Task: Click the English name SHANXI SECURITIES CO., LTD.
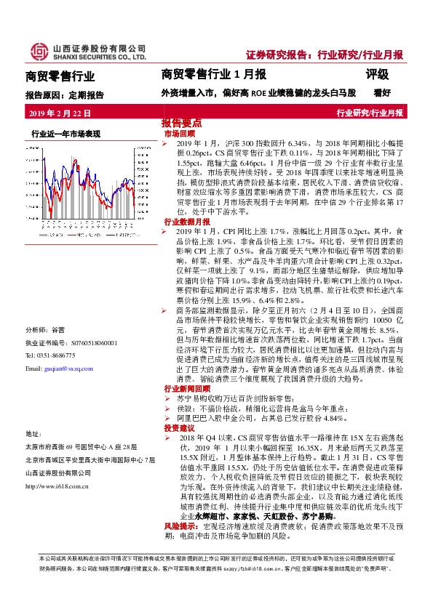[x=100, y=57]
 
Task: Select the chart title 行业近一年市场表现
[x=65, y=134]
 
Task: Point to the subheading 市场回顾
[x=179, y=134]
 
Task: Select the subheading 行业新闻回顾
[x=187, y=390]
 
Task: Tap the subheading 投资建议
[x=179, y=429]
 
